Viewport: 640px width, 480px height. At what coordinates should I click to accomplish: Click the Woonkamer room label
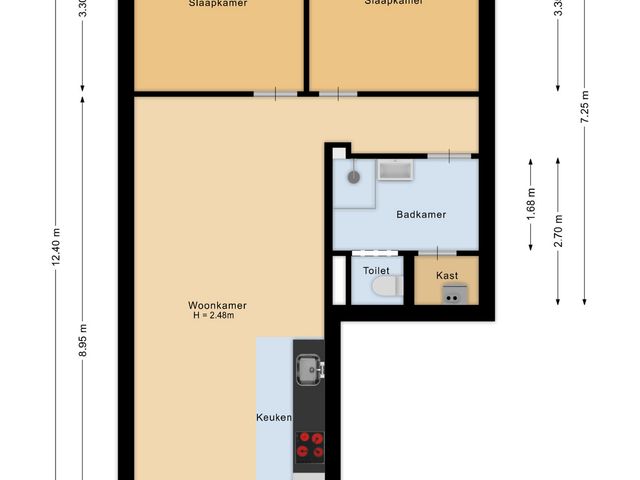tap(217, 305)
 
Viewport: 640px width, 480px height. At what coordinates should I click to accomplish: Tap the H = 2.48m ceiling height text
tap(214, 316)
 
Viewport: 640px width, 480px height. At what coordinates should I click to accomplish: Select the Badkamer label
tap(420, 214)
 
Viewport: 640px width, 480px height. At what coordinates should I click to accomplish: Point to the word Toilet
tap(376, 271)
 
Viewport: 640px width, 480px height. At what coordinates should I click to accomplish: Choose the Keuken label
tap(273, 418)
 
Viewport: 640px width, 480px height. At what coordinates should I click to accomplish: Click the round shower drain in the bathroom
tap(353, 175)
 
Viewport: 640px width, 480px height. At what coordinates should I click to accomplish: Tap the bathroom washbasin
tap(395, 171)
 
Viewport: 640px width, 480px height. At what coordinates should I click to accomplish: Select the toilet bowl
tap(384, 288)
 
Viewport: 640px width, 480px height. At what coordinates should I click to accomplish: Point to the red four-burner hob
tap(309, 444)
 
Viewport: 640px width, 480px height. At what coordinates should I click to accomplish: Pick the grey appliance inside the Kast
tap(453, 293)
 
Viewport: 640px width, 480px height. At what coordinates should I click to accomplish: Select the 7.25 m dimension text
tap(584, 105)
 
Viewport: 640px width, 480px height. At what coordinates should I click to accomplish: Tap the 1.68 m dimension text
tap(531, 204)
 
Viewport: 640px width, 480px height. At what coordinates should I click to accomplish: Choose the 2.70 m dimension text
tap(558, 230)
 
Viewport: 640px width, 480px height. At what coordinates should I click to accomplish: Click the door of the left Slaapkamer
tap(276, 94)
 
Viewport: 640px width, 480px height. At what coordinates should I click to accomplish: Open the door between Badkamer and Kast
tap(436, 252)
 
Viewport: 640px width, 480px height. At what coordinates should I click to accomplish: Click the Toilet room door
tap(370, 253)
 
